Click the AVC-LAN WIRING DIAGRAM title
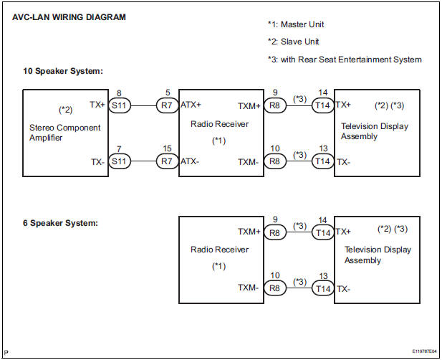[x=69, y=17]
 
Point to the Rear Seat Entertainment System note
[x=344, y=59]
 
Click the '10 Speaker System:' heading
[x=63, y=72]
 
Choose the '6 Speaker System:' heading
[x=60, y=223]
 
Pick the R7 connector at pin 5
[x=167, y=105]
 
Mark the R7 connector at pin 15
[x=167, y=161]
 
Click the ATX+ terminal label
[x=191, y=105]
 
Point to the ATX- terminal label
[x=190, y=161]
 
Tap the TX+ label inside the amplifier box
[x=98, y=104]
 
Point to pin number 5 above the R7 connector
[x=167, y=92]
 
